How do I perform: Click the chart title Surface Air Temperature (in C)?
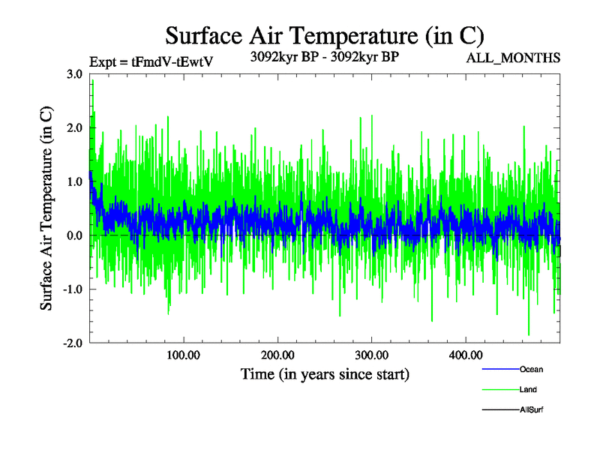tap(325, 35)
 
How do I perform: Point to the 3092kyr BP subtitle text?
tap(323, 55)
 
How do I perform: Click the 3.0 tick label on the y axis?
tap(74, 73)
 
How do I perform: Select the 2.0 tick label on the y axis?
tap(74, 127)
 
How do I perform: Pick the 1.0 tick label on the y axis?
tap(74, 181)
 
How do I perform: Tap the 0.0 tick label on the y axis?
tap(74, 235)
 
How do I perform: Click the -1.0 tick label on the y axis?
tap(72, 289)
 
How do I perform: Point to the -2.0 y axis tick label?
tap(72, 343)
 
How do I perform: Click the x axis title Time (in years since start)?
tap(325, 373)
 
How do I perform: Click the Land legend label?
tap(528, 389)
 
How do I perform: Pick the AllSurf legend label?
tap(531, 409)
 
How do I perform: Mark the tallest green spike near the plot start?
tap(92, 81)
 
